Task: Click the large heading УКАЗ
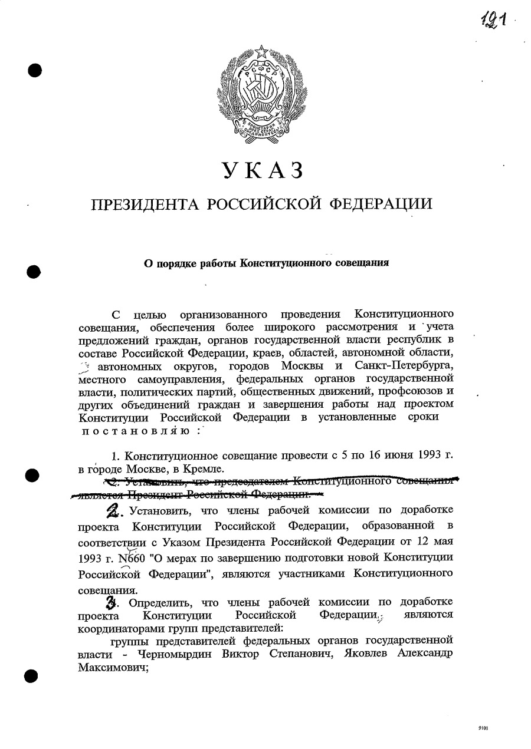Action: coord(264,170)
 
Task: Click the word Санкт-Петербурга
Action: coord(404,365)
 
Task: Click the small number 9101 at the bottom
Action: coord(483,728)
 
